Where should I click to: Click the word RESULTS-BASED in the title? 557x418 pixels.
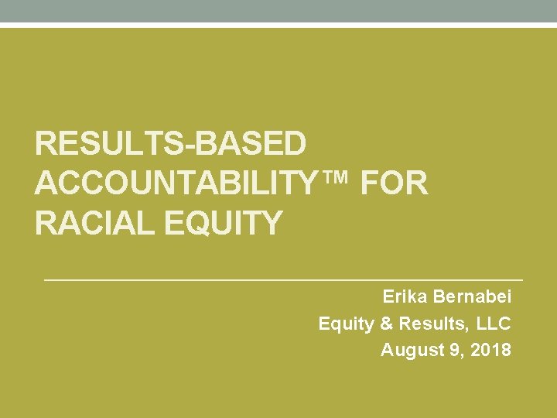171,145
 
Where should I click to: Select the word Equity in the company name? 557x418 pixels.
346,324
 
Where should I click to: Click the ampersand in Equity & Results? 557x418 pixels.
386,324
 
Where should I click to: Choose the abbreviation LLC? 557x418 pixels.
494,324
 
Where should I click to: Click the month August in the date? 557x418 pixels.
412,350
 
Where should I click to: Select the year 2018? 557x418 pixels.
490,350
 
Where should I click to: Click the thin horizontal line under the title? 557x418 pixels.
283,279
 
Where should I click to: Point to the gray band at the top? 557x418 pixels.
278,11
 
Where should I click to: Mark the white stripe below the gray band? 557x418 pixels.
278,26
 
